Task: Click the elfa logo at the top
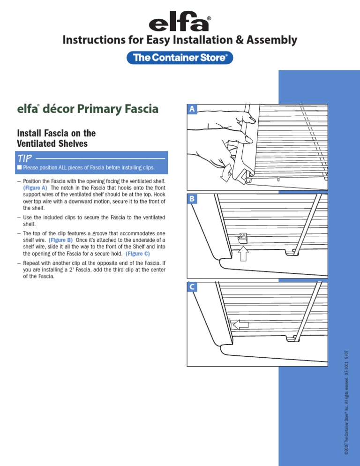180,23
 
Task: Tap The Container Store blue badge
180,58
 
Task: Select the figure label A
192,109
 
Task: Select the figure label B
192,199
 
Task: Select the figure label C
192,286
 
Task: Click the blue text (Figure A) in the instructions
35,188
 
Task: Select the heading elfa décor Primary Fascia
87,110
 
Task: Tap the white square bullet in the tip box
19,167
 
